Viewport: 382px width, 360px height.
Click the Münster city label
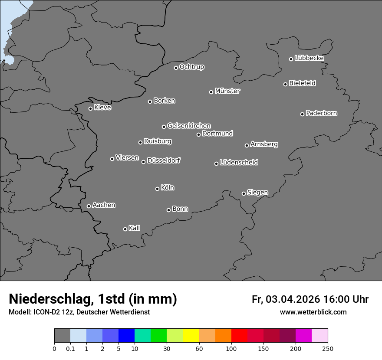tap(227, 91)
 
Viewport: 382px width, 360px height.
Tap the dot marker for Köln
tap(157, 189)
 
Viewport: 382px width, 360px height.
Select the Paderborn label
tap(322, 113)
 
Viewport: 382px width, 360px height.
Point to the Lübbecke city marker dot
tap(291, 59)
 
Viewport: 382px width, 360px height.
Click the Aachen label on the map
tap(104, 205)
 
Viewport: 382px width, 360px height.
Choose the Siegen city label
tap(257, 192)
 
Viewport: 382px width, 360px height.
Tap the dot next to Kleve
tap(90, 108)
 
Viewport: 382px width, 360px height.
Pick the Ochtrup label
tap(192, 67)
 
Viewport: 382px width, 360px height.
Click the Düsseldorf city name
tap(164, 160)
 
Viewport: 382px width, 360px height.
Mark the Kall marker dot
tap(125, 229)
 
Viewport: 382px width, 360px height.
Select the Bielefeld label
tap(303, 83)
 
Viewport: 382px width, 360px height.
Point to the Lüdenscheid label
tap(239, 162)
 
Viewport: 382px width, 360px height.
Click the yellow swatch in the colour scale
tap(191, 336)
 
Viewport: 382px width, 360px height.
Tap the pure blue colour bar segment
tap(126, 336)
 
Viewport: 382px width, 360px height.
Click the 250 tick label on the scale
tap(328, 348)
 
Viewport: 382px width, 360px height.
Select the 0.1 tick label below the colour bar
tap(70, 348)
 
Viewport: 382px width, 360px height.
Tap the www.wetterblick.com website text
tap(313, 312)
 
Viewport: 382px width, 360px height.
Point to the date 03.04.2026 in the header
tap(293, 299)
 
